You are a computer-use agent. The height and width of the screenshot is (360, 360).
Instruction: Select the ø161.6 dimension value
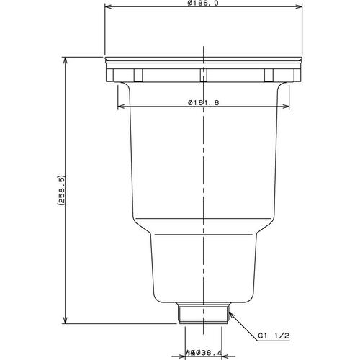(x=204, y=103)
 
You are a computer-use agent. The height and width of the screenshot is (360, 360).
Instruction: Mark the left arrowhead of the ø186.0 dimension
(x=107, y=7)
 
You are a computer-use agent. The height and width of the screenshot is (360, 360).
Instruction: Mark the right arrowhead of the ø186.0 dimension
(x=300, y=7)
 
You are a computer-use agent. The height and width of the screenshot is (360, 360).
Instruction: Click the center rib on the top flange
(x=204, y=75)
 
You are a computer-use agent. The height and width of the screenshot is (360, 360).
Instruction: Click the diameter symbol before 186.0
(x=189, y=4)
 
